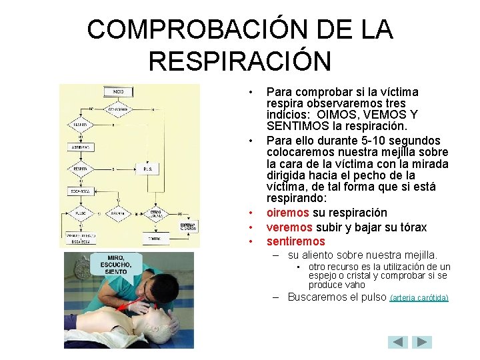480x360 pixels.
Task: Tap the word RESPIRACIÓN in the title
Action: tap(239, 61)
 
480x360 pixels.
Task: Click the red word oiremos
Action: tap(287, 213)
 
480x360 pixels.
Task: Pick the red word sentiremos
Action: tap(295, 241)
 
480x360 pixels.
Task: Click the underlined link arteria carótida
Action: tap(419, 298)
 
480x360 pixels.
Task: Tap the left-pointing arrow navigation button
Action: tap(398, 342)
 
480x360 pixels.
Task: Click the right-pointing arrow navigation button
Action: tap(422, 342)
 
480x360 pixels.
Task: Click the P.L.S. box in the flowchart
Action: tap(147, 169)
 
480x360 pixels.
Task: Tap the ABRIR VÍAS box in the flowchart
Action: tap(81, 147)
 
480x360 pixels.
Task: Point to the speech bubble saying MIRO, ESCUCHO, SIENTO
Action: tap(111, 265)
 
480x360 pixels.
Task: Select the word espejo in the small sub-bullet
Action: tap(322, 275)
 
